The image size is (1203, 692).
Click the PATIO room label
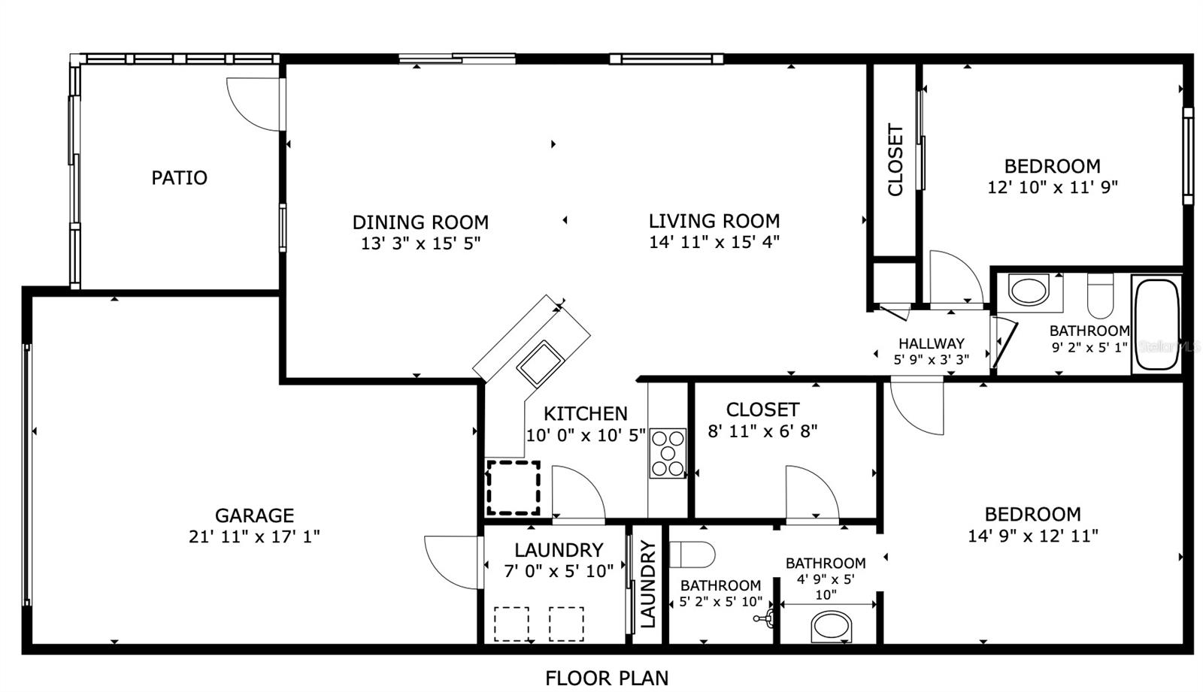[x=180, y=178]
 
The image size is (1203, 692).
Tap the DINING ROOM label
[x=420, y=222]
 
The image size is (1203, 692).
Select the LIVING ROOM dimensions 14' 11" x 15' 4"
[x=714, y=242]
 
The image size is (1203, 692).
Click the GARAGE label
[x=255, y=515]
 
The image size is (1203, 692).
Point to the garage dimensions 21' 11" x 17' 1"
[x=255, y=536]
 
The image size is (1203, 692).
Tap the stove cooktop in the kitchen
[x=668, y=454]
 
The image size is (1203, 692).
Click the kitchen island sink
[x=541, y=364]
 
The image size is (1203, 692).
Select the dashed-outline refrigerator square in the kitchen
[x=514, y=488]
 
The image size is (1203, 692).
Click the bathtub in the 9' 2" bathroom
[x=1157, y=325]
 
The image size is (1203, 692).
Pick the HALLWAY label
[x=932, y=343]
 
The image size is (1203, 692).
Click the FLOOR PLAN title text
[x=607, y=678]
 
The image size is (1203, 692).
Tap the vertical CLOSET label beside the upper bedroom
[x=895, y=160]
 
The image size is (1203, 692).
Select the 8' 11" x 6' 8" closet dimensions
[x=762, y=431]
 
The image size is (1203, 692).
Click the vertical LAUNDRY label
[x=649, y=584]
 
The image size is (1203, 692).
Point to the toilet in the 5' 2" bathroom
[x=692, y=555]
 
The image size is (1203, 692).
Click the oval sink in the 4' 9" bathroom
[x=832, y=627]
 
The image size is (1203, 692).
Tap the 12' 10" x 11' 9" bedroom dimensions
[x=1053, y=187]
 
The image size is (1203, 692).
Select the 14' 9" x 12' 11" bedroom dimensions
[x=1033, y=536]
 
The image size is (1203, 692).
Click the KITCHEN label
[x=586, y=414]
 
